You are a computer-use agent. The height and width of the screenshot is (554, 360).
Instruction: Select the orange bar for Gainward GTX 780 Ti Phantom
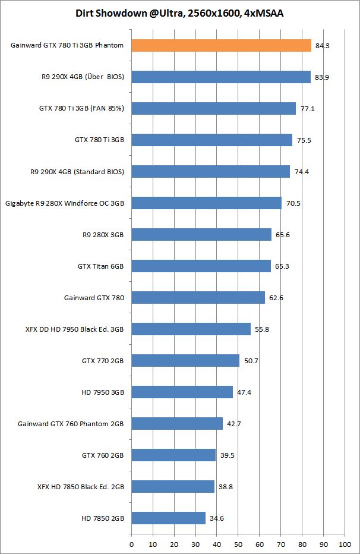tap(221, 46)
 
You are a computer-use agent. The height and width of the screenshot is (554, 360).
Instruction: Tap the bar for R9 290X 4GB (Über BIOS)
tap(220, 77)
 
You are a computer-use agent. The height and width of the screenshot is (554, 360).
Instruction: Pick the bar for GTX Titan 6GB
tap(201, 266)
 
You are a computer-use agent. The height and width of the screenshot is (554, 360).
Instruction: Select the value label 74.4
tap(302, 172)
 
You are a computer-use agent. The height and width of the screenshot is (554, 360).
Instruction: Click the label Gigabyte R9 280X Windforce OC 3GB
tap(65, 203)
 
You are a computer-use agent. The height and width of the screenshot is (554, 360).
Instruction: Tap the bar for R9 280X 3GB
tap(201, 234)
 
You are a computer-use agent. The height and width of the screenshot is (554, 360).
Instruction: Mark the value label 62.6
tap(276, 297)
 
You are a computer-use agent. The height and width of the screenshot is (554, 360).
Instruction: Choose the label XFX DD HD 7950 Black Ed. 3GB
tap(70, 329)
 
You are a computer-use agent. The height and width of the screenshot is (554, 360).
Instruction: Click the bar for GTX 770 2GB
tap(185, 360)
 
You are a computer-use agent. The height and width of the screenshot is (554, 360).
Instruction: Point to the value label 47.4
tap(244, 392)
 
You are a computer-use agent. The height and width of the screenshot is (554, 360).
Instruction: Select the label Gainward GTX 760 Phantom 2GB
tap(71, 423)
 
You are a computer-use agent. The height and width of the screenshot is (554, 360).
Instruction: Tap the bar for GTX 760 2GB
tap(173, 455)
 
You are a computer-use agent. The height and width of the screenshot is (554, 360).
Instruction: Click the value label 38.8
tap(226, 486)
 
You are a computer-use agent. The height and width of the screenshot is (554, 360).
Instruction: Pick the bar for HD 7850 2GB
tap(168, 518)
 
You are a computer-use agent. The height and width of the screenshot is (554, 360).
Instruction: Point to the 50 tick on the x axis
tap(238, 543)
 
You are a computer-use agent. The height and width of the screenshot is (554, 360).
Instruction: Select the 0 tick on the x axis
tap(131, 543)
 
